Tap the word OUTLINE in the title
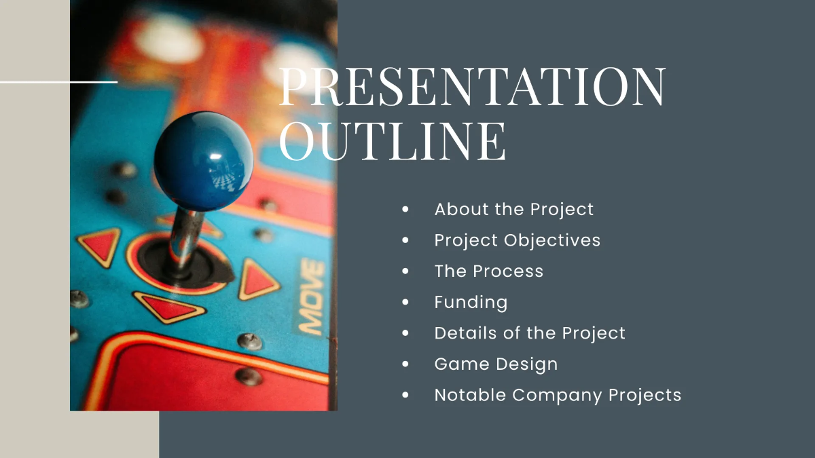click(x=393, y=141)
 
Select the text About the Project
click(x=513, y=209)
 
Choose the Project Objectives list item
click(x=517, y=240)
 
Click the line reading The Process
click(x=489, y=271)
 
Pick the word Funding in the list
click(x=471, y=302)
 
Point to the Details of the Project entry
click(x=530, y=333)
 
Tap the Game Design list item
click(x=496, y=364)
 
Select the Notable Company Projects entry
click(x=558, y=395)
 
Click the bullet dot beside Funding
click(x=405, y=302)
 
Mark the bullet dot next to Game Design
click(x=405, y=364)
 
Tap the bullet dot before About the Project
click(x=405, y=210)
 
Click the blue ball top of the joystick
click(x=203, y=161)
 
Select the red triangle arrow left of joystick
click(x=101, y=245)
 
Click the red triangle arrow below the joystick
click(x=167, y=307)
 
